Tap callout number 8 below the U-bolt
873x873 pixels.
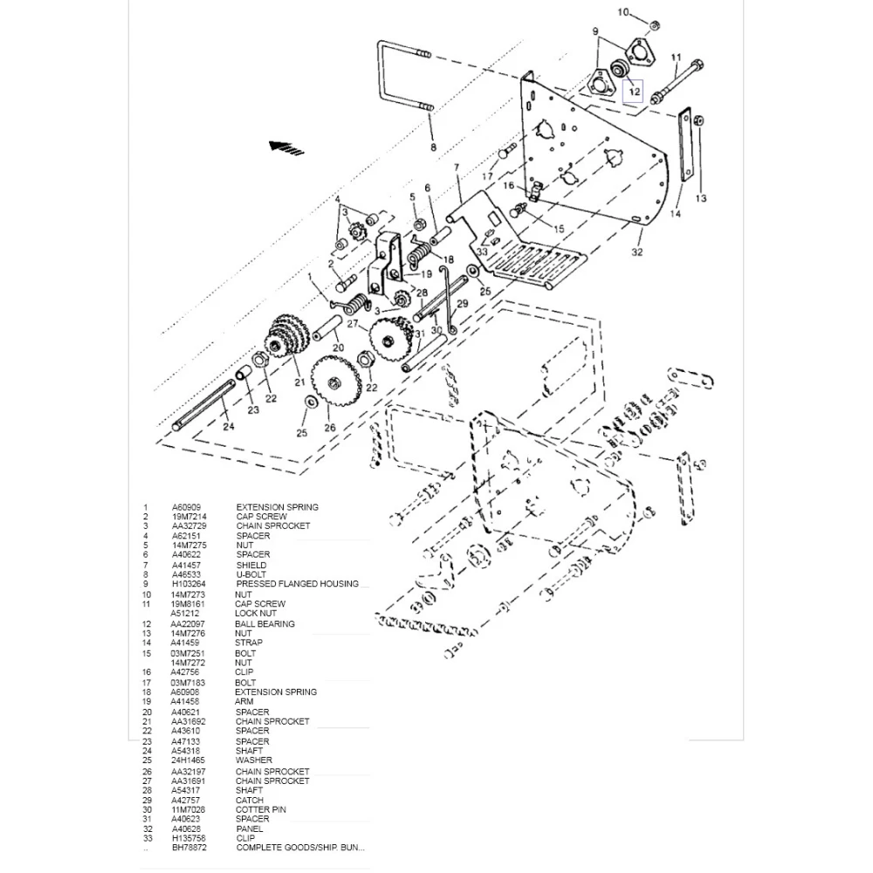(x=433, y=148)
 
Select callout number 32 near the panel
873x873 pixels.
(x=637, y=252)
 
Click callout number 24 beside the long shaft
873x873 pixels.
(x=228, y=427)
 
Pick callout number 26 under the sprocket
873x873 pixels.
(x=330, y=428)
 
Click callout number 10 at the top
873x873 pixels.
(x=648, y=12)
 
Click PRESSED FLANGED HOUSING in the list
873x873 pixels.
(x=296, y=584)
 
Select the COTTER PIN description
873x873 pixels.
(x=260, y=809)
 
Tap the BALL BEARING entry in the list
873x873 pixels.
(x=265, y=623)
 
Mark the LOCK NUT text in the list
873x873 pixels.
(x=255, y=614)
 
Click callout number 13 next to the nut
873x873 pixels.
(x=701, y=199)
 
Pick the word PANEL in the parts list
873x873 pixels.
(x=249, y=828)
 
